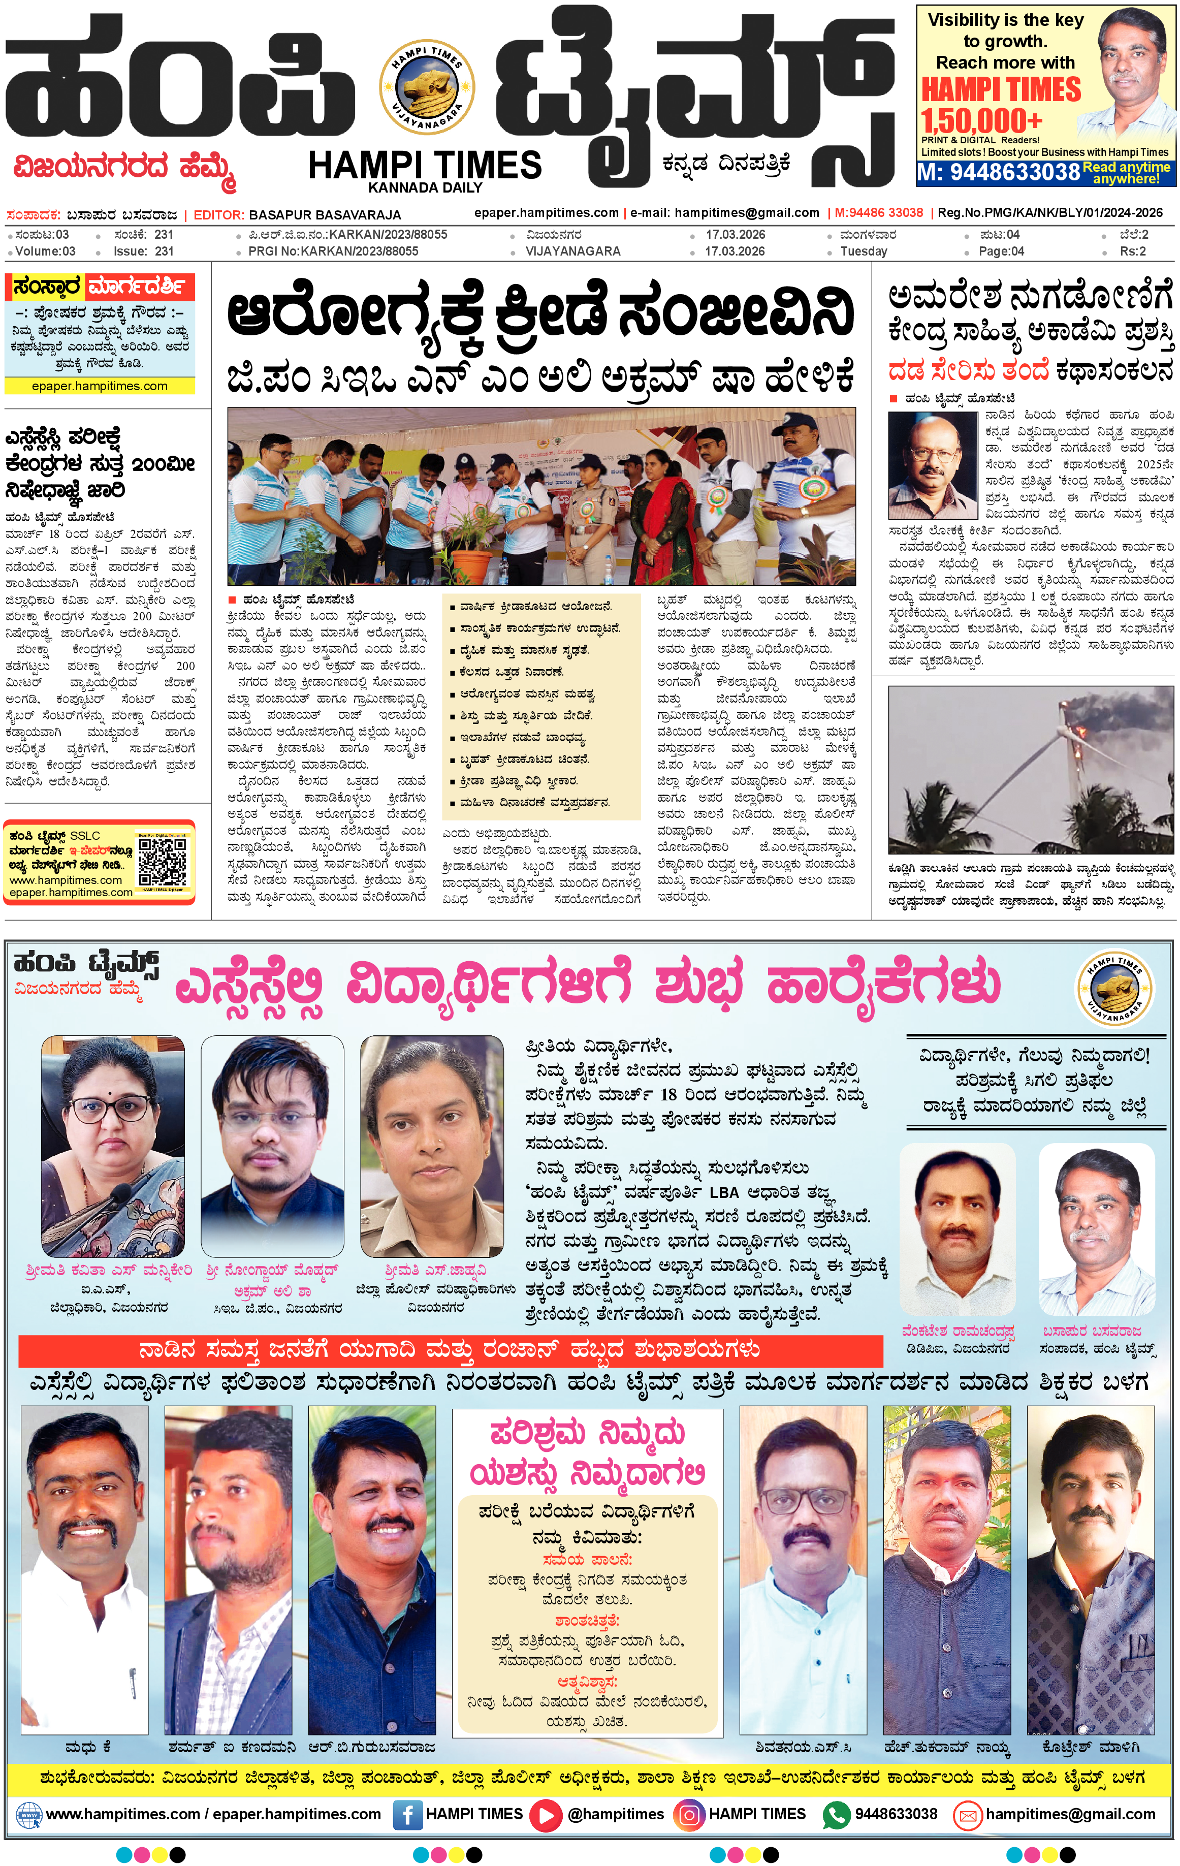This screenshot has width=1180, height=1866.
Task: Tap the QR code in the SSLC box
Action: tap(162, 861)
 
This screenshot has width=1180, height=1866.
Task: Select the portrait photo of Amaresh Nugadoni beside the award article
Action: tap(932, 466)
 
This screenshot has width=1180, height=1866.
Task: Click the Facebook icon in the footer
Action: tap(407, 1815)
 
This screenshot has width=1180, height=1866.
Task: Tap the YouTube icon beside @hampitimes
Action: tap(547, 1815)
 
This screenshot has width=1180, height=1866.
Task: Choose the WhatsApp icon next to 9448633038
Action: tap(836, 1815)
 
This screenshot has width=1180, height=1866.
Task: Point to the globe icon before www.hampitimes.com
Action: tap(28, 1815)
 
